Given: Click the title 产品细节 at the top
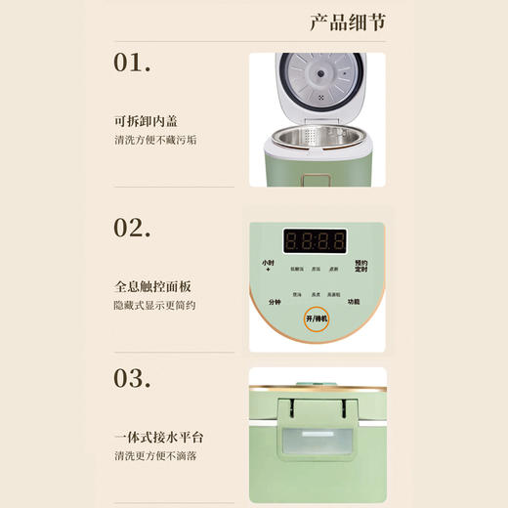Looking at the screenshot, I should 349,21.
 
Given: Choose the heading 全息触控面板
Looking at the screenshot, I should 152,287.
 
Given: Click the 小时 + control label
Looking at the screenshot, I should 267,266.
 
